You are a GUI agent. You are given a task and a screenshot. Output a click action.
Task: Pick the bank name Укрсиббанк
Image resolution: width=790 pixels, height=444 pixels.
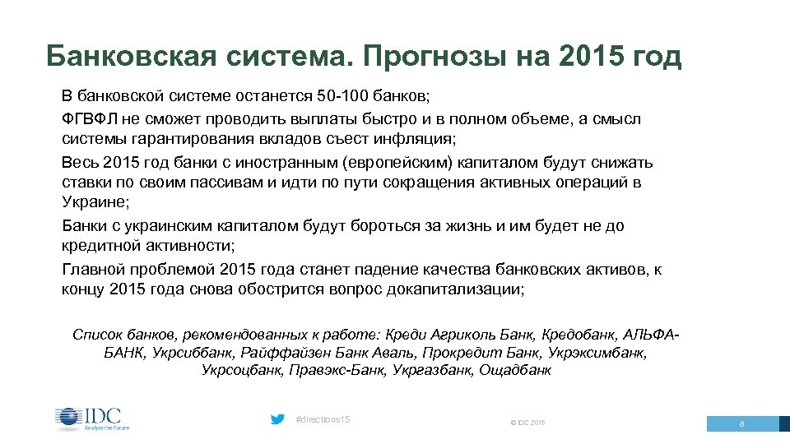click(194, 353)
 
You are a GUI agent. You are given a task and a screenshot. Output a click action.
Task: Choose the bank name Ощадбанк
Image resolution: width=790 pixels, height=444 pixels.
click(516, 371)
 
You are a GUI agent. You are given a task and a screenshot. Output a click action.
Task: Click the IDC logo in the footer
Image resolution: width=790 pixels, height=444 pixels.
click(92, 419)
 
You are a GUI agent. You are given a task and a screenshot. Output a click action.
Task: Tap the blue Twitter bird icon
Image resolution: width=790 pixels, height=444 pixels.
click(278, 419)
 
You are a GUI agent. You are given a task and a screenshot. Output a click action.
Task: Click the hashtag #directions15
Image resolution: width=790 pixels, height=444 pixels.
click(323, 420)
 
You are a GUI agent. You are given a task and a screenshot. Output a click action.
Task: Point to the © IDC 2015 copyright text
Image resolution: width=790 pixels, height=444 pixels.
click(527, 423)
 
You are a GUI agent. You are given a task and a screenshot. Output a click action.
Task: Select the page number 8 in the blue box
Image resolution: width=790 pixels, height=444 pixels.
click(742, 424)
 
